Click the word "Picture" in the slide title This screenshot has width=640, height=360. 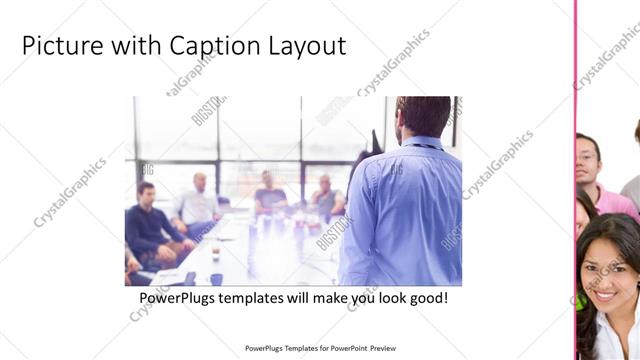coord(59,45)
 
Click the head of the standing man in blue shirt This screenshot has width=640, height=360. coord(413,118)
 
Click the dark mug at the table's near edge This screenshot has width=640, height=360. coord(216,279)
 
